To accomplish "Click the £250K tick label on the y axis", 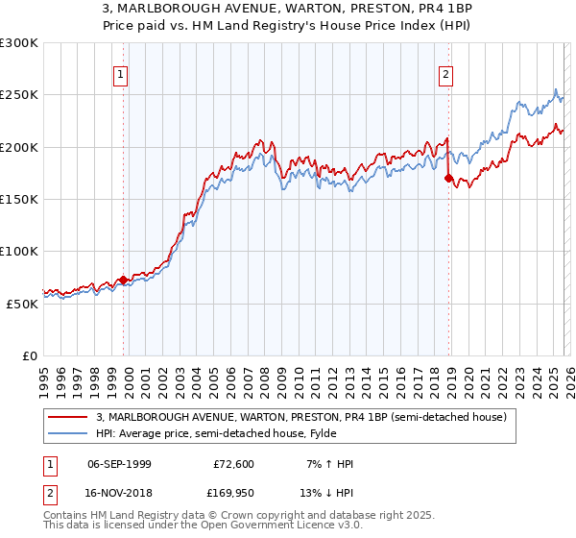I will click(19, 95).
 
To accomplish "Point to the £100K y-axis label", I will click(19, 251).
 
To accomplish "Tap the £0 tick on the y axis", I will click(30, 355).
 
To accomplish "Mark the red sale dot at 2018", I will click(448, 178).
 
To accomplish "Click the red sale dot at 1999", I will click(123, 280).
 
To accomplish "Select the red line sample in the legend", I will click(68, 417).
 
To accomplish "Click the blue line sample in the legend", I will click(68, 433).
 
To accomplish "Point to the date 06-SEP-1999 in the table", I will click(119, 464).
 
